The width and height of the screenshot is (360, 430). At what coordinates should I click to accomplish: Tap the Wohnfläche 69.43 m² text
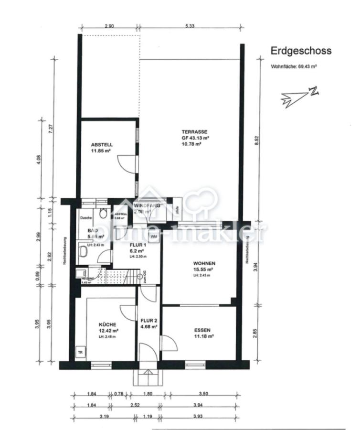point(294,67)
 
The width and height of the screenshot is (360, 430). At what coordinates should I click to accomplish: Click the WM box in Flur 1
point(154,236)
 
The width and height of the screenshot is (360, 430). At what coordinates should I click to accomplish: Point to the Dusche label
point(85,218)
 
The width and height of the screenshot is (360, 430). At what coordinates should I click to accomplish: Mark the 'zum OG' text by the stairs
point(143,277)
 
